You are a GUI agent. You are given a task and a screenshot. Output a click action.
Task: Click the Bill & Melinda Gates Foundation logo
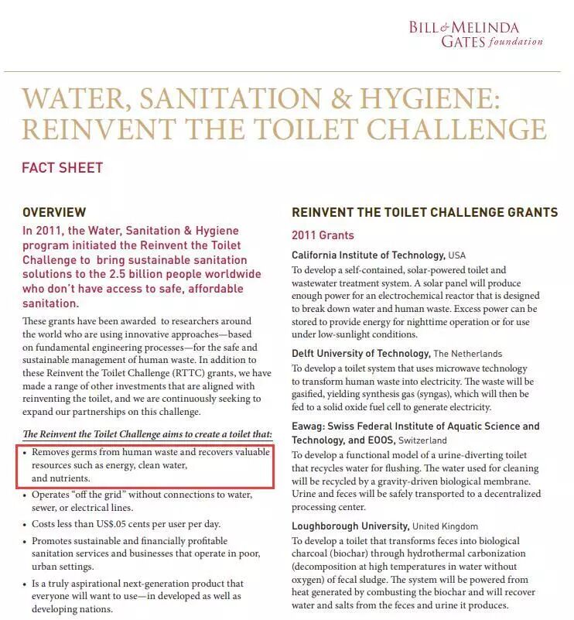(476, 33)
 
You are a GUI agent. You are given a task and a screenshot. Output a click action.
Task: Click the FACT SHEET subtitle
(62, 167)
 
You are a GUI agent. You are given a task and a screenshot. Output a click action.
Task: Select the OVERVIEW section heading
(54, 212)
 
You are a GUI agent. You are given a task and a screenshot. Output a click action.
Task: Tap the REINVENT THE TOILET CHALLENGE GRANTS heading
(424, 212)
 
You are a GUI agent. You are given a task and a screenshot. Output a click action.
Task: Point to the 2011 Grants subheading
(323, 235)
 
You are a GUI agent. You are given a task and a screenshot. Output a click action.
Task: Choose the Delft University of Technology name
(360, 353)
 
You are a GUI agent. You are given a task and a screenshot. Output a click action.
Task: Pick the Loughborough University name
(350, 526)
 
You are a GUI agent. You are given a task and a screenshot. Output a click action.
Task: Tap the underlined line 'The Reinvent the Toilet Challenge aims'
(147, 433)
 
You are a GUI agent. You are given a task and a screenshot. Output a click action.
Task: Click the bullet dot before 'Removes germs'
(26, 452)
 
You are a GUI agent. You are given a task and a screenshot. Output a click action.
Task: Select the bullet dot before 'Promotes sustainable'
(26, 541)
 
